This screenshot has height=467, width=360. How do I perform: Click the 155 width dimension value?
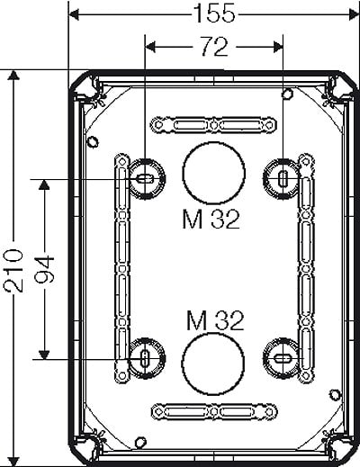(214, 13)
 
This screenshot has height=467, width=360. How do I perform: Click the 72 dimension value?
(214, 46)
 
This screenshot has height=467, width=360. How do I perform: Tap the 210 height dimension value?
(13, 271)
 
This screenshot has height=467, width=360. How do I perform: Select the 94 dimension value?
(44, 269)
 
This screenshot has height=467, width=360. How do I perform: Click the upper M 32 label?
(211, 219)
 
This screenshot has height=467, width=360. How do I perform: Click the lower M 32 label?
(215, 320)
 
